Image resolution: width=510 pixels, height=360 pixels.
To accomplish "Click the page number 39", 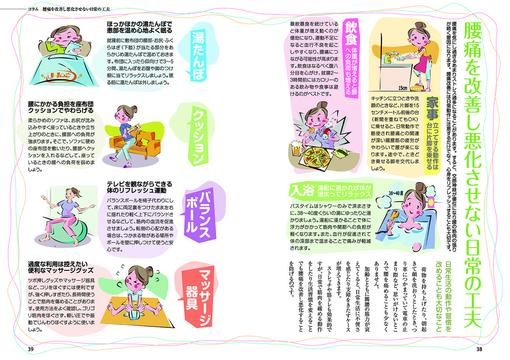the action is click(x=31, y=349).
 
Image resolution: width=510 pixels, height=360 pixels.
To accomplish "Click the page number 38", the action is click(x=479, y=349).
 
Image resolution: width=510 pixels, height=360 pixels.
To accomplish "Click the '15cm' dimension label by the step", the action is click(x=403, y=88).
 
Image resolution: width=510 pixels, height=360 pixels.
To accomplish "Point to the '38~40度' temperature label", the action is click(x=396, y=193).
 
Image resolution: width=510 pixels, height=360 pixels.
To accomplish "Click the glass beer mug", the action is click(x=297, y=148).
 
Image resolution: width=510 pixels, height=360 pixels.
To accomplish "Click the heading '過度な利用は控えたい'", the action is click(x=58, y=264).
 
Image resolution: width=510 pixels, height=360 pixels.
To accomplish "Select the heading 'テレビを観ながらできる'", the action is click(x=140, y=184).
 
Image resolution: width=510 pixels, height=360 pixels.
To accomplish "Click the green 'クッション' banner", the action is click(x=199, y=135).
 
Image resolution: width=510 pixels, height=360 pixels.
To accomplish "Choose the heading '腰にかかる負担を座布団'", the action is click(x=61, y=104).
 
